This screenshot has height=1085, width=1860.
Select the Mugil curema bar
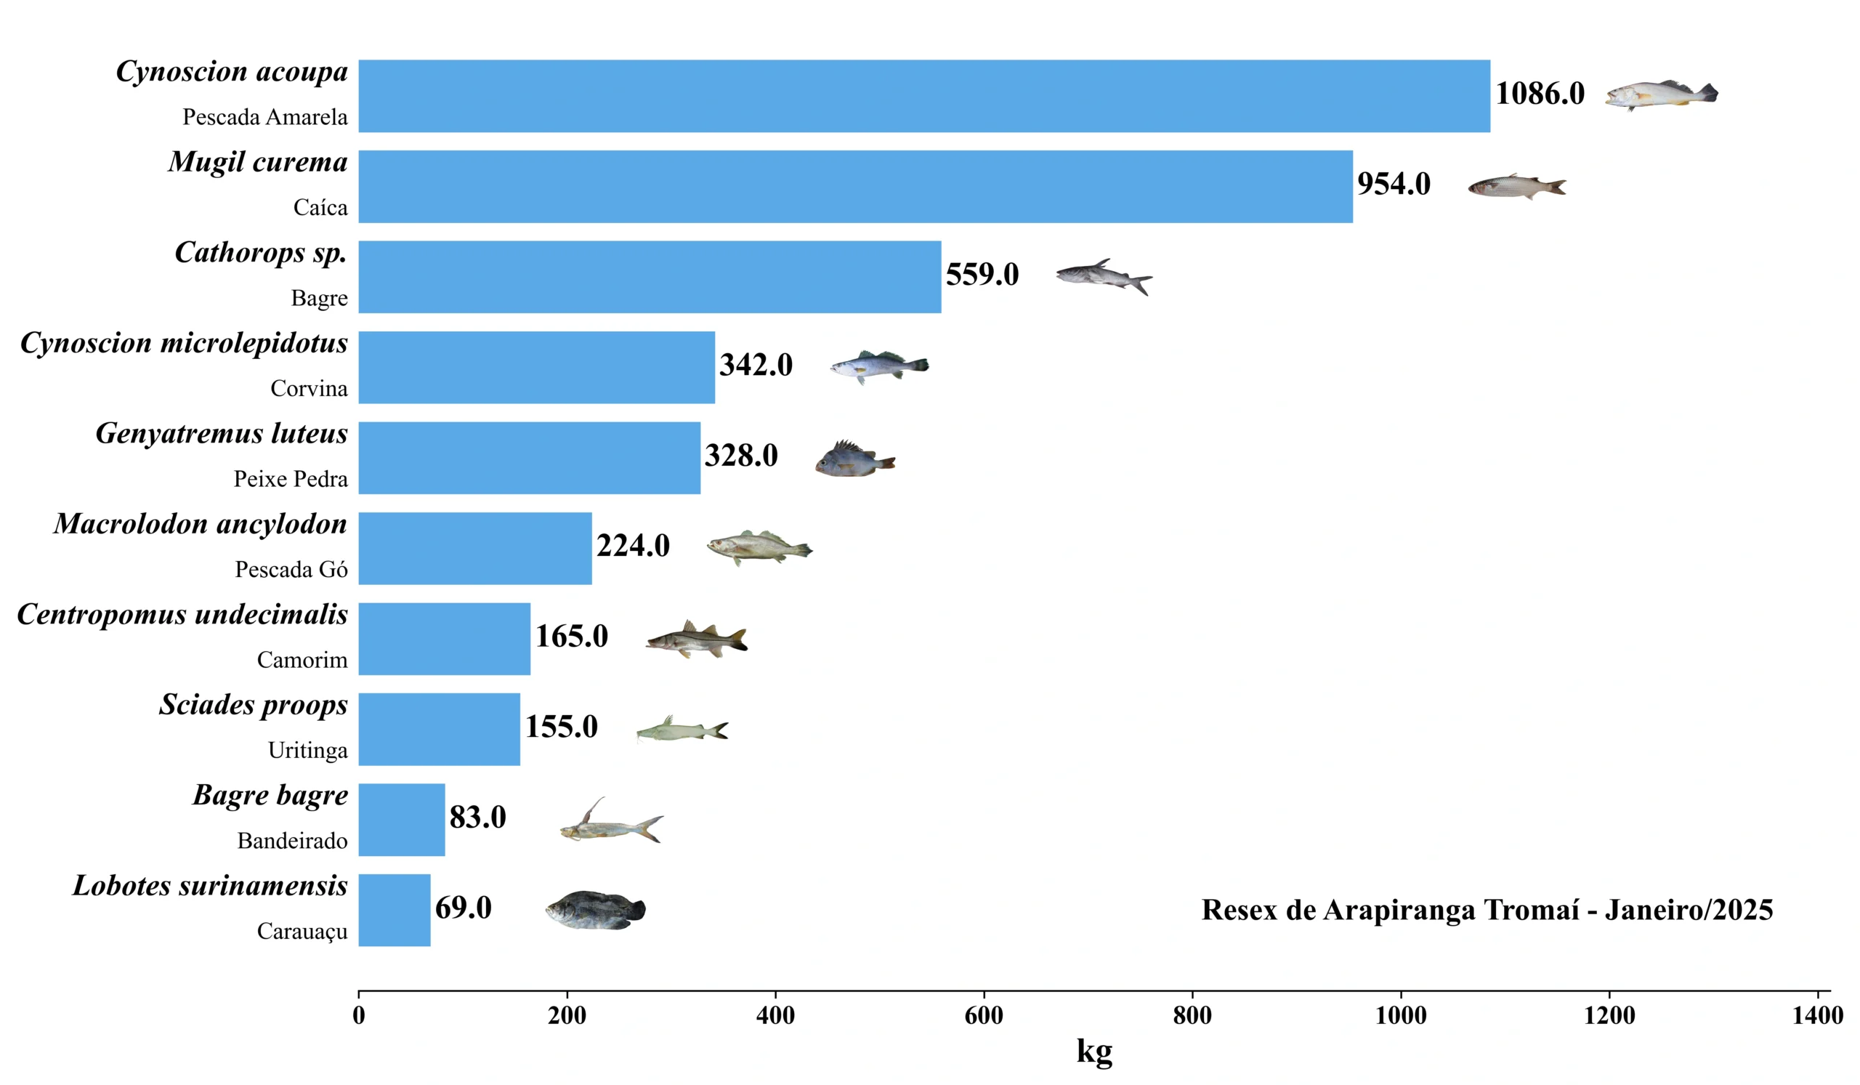855,187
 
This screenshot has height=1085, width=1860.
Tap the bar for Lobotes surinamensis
394,910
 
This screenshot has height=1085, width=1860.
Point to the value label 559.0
982,275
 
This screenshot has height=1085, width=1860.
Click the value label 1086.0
1540,94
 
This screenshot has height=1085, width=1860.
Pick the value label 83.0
477,817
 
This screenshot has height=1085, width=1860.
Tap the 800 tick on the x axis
1192,1016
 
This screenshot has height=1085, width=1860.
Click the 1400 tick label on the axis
1817,1016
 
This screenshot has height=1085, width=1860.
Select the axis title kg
1094,1051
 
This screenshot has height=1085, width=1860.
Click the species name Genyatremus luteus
222,433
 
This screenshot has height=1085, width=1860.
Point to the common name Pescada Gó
291,569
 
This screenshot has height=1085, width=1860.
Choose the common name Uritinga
307,750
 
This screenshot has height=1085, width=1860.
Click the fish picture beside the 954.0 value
1517,186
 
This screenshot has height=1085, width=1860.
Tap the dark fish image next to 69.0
596,910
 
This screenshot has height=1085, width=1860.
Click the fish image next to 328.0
854,460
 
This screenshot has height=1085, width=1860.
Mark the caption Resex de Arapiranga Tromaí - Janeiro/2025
1487,910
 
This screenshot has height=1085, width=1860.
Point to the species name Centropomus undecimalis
182,614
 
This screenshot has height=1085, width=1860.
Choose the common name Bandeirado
292,841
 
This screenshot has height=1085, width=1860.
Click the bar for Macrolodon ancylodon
474,549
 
